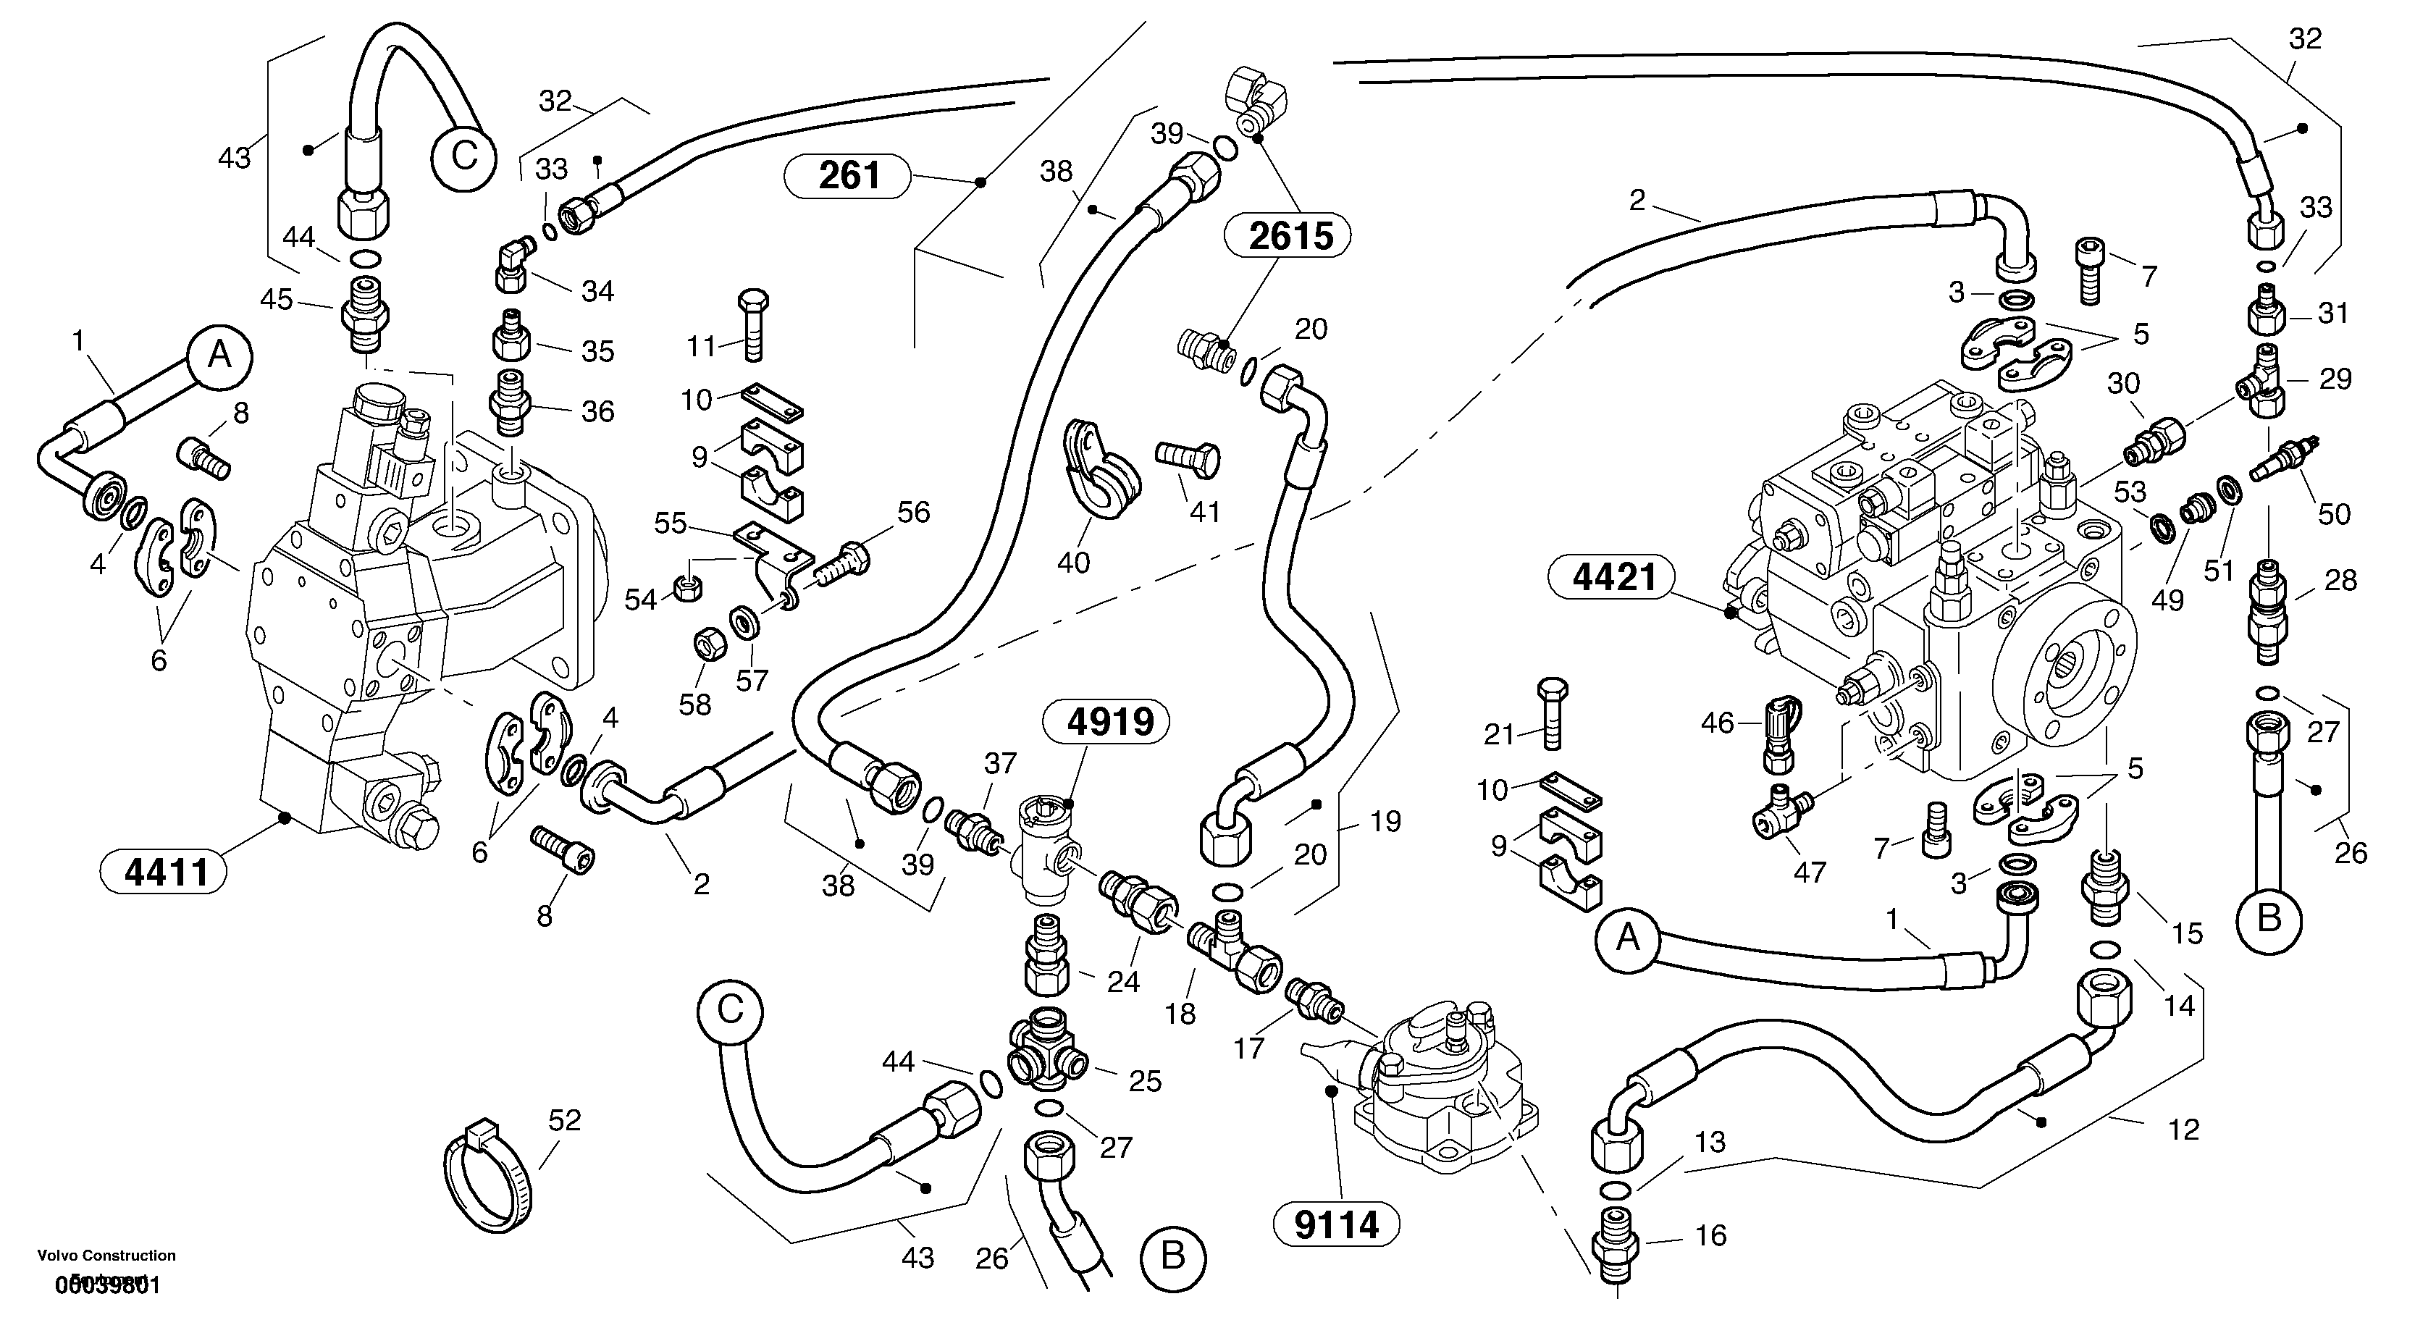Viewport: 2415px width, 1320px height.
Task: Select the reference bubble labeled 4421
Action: tap(1614, 576)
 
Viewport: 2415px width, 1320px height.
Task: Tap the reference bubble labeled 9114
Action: tap(1336, 1224)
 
